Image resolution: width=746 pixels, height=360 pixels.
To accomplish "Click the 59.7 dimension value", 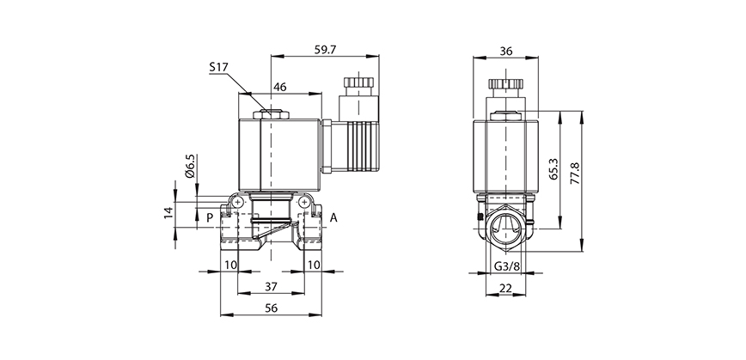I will (x=326, y=50).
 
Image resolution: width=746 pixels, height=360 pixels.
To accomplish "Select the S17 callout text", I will (x=221, y=66).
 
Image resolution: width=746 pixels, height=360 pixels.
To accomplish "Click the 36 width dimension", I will (x=506, y=51).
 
